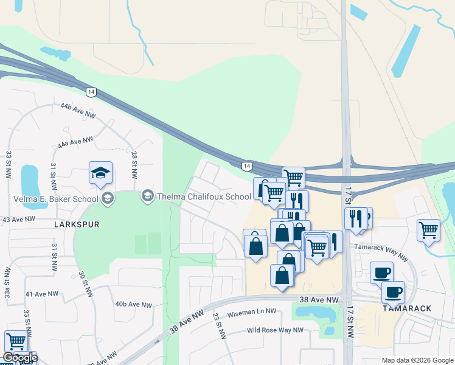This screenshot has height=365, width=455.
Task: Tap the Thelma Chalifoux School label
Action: tap(203, 196)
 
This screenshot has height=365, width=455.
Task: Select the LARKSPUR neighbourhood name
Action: tap(76, 224)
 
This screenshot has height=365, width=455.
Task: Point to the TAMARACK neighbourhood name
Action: tap(407, 308)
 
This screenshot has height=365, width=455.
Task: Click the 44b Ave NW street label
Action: tap(78, 110)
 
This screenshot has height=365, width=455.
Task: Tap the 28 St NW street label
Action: tap(134, 164)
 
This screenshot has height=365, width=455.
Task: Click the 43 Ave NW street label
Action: tap(16, 219)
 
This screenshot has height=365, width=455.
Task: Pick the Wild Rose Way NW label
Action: tap(275, 330)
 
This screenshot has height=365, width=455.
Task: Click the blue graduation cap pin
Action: tap(100, 173)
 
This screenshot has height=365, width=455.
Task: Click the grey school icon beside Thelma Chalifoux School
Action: tap(147, 196)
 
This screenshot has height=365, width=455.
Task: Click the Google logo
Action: tap(20, 358)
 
